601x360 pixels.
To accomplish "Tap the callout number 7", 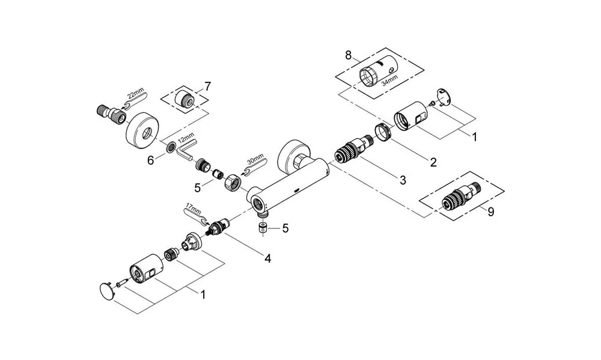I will point(207,87).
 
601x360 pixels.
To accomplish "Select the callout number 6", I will point(151,160).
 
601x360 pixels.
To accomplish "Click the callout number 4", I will point(267,258).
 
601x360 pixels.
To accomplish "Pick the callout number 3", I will point(402,180).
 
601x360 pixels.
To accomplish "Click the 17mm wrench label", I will point(192,209).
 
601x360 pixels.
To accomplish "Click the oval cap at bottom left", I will point(108,291).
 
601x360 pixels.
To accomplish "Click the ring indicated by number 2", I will point(381,131).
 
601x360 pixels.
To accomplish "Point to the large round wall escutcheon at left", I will point(142,128).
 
